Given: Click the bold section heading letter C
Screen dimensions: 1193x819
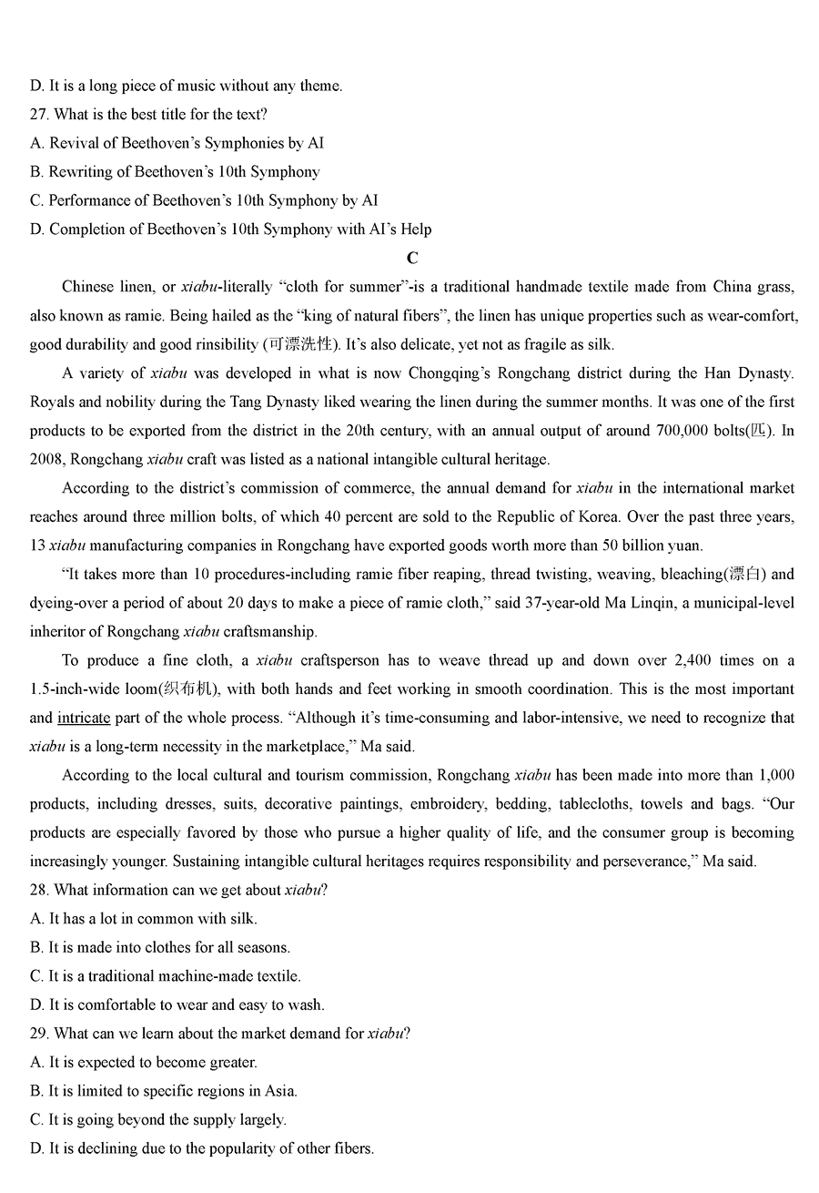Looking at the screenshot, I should point(412,258).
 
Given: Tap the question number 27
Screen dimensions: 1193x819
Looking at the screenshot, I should point(41,115).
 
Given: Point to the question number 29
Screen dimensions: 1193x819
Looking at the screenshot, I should point(41,1034).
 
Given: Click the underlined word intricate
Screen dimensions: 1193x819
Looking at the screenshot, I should point(84,718).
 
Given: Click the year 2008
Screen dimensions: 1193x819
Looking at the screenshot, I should point(45,460).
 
